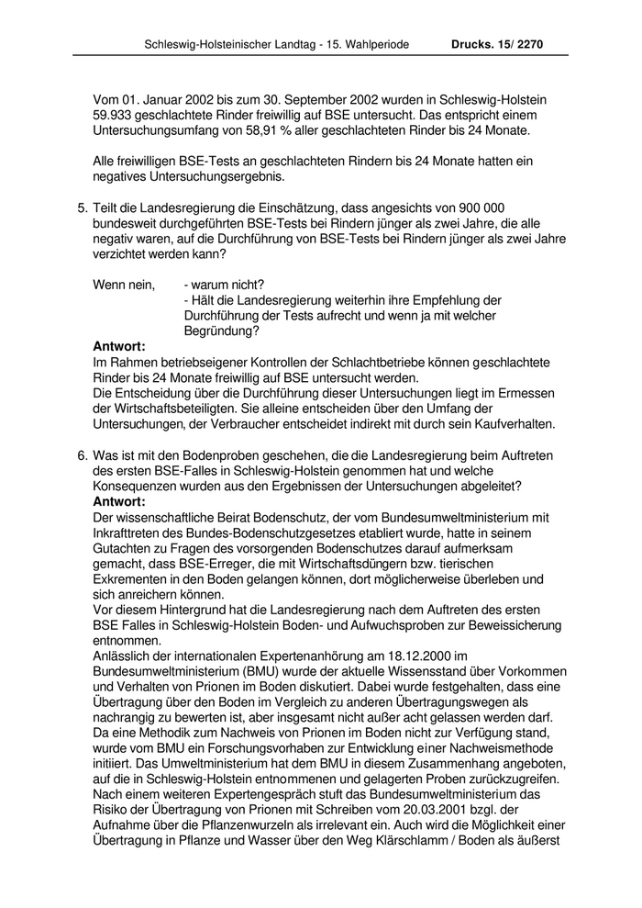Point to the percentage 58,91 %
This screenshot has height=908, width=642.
point(242,132)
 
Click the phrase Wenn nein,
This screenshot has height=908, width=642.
point(124,285)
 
